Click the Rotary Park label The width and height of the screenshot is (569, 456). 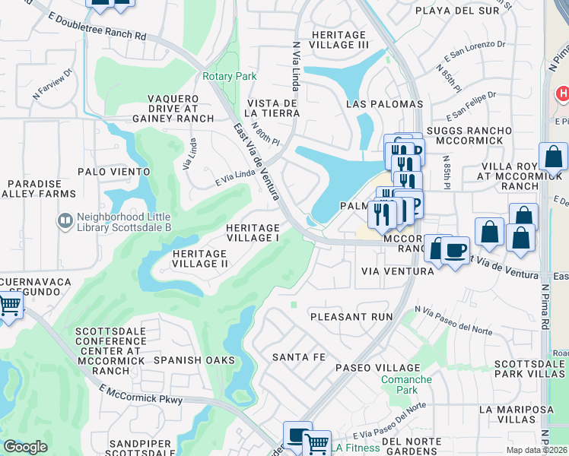click(x=229, y=76)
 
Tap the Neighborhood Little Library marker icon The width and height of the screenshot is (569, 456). click(x=66, y=221)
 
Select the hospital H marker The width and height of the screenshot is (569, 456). click(x=562, y=94)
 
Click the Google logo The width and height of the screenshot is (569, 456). click(x=25, y=447)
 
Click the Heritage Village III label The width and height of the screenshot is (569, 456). click(x=341, y=39)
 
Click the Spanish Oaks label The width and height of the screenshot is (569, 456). click(x=189, y=359)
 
